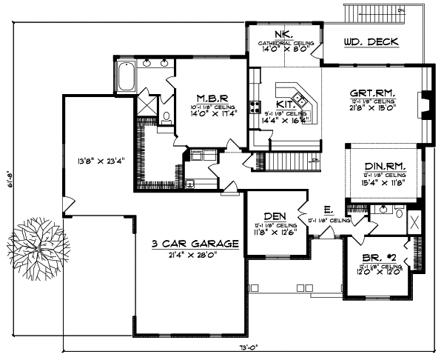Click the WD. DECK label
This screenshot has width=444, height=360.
coord(371,43)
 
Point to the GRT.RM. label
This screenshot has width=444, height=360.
coord(376,93)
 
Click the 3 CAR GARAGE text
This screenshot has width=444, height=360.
coord(195,243)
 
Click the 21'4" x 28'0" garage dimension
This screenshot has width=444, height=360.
coord(195,255)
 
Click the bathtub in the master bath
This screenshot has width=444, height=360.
coord(123,76)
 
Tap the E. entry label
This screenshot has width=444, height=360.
coord(326,210)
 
